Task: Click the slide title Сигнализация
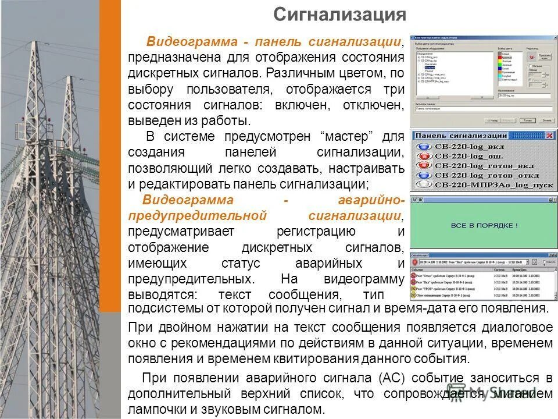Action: click(x=339, y=15)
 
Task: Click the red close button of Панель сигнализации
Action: click(x=549, y=136)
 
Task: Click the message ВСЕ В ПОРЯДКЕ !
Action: click(x=484, y=225)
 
